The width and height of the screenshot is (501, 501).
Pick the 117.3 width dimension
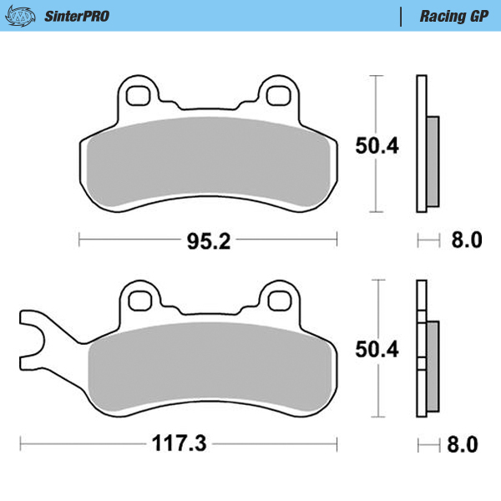point(180,444)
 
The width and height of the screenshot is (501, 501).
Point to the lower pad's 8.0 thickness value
point(466,444)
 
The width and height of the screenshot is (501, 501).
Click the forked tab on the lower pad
point(33,334)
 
